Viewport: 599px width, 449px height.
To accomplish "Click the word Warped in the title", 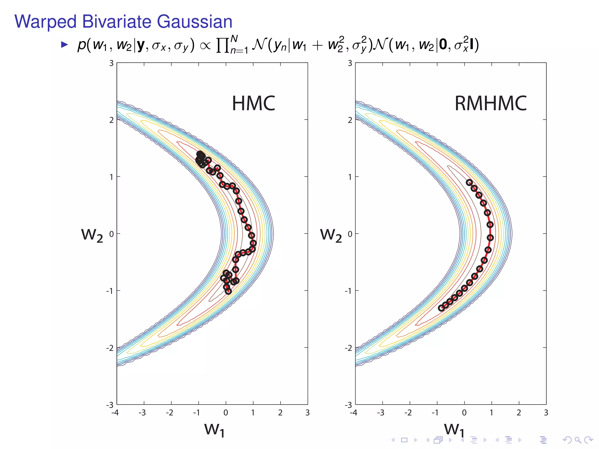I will [x=46, y=22].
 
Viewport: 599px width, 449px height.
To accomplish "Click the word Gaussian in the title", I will [x=194, y=22].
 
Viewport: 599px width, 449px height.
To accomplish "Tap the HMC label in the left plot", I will [x=253, y=103].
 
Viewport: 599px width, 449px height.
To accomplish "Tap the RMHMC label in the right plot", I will [x=490, y=103].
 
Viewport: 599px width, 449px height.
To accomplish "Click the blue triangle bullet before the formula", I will [x=64, y=45].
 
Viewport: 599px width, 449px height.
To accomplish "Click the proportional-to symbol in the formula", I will [x=205, y=46].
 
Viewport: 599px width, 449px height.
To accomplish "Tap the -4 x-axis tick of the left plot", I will [x=115, y=412].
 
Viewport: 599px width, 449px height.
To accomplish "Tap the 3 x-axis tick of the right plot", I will [x=546, y=412].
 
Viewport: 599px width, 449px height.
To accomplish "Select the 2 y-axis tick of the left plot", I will [x=111, y=120].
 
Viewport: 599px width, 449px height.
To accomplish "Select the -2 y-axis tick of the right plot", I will [x=348, y=348].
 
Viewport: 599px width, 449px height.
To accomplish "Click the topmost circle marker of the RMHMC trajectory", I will [x=469, y=182].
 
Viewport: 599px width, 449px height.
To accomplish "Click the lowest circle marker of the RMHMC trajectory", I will [x=441, y=308].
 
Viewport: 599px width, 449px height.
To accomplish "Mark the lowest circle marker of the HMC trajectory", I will [x=228, y=291].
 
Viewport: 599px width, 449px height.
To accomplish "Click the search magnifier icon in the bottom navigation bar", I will [x=577, y=440].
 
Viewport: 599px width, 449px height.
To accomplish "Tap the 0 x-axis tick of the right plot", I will [x=464, y=412].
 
